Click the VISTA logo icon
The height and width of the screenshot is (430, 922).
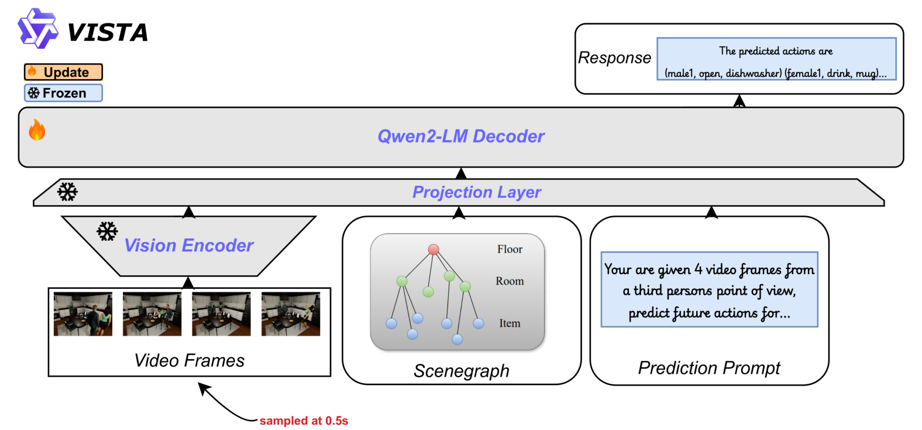tap(38, 29)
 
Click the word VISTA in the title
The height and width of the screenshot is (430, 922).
tap(108, 33)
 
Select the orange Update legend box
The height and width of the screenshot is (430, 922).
tap(63, 72)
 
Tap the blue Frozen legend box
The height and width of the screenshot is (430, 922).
tap(63, 93)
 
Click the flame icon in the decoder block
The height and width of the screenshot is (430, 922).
tap(37, 130)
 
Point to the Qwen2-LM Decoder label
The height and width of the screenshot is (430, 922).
tap(461, 136)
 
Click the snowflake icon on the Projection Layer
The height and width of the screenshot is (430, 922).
tap(67, 192)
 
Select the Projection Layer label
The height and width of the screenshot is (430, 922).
tap(477, 192)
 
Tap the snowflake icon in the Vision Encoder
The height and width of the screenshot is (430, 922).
tap(107, 231)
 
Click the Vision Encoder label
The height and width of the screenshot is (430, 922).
tap(189, 245)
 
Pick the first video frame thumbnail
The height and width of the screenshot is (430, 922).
tap(83, 314)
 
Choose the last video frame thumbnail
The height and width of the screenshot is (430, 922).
tap(291, 314)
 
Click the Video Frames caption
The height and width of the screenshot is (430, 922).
tap(190, 361)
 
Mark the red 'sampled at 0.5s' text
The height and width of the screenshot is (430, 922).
tap(304, 421)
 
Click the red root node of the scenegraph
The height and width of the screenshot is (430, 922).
tap(434, 250)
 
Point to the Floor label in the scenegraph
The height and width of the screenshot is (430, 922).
tap(510, 249)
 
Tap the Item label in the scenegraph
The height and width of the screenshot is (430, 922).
tap(510, 323)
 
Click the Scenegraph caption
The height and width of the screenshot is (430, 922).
tap(462, 371)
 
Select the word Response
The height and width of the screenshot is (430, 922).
tap(614, 58)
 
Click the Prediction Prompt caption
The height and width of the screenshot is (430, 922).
tap(709, 368)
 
